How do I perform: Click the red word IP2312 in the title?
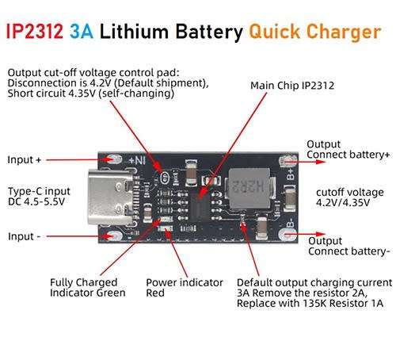point(34,32)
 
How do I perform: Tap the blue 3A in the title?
point(82,32)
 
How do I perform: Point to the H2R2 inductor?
point(249,188)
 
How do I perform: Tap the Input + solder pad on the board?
point(114,159)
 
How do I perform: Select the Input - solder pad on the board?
point(115,236)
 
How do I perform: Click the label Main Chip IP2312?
point(292,86)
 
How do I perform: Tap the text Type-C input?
point(39,191)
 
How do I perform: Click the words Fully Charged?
point(83,282)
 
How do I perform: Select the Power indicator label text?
point(185,282)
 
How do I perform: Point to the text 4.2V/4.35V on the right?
point(343,202)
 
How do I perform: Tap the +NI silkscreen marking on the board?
point(136,160)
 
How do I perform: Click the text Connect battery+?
point(348,155)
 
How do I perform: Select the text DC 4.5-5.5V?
point(36,201)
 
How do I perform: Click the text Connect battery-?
point(348,251)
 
